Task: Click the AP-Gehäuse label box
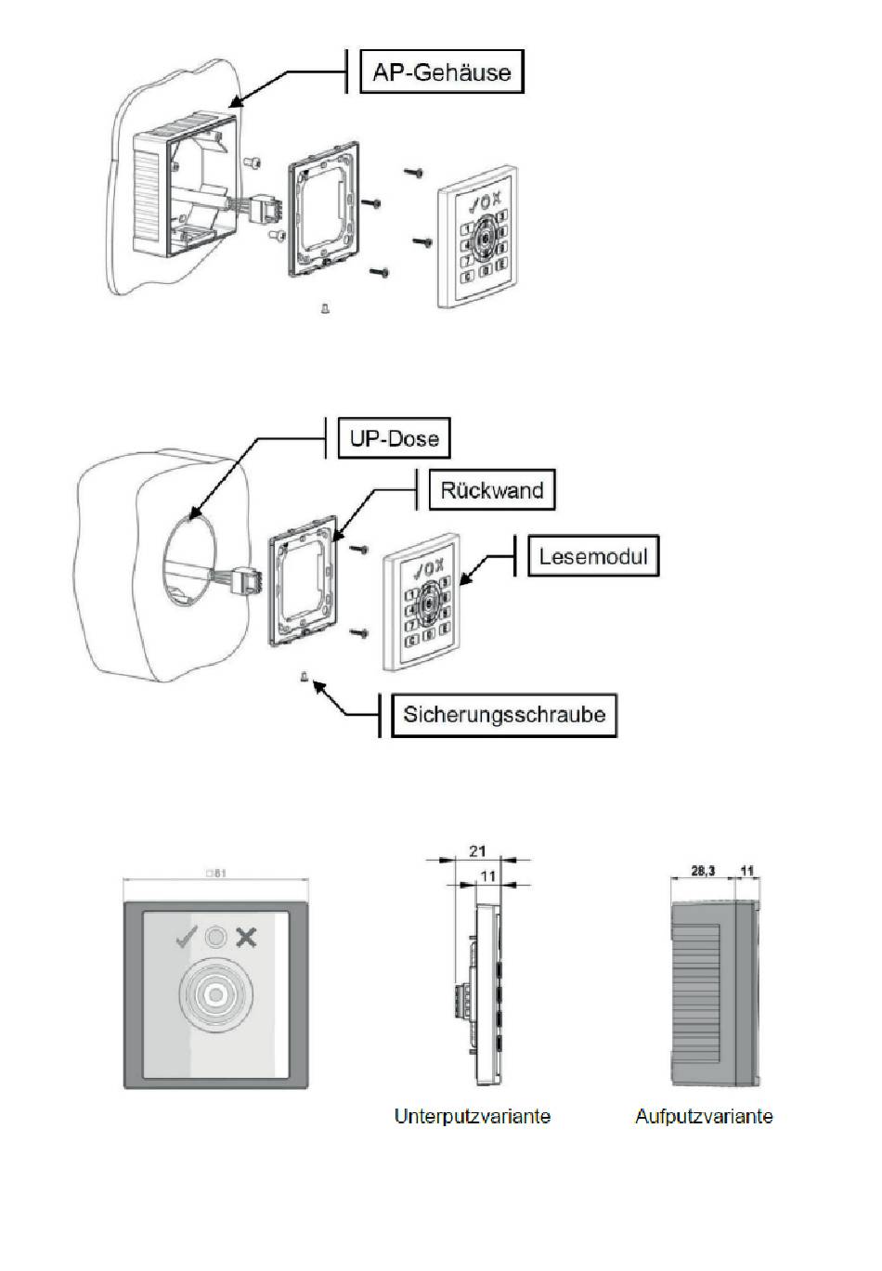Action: click(442, 72)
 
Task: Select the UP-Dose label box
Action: click(394, 438)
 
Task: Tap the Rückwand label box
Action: click(491, 489)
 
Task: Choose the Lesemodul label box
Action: click(593, 557)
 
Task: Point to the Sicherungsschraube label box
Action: click(504, 714)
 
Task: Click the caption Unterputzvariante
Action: click(472, 1116)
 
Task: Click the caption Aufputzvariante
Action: click(704, 1116)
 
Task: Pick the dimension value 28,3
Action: click(703, 871)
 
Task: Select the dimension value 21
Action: click(478, 851)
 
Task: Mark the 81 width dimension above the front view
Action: click(215, 873)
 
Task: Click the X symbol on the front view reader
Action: click(246, 938)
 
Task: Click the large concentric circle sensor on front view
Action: click(215, 996)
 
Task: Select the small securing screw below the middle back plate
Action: click(304, 678)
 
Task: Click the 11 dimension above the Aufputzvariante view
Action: click(747, 871)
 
